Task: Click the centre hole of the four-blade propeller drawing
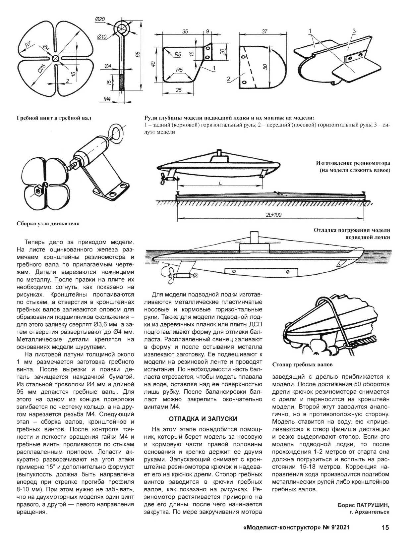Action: coord(55,58)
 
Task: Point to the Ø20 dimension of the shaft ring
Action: coord(100,20)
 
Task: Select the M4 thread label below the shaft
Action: coord(106,98)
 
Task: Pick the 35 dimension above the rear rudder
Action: coord(185,32)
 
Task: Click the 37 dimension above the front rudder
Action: coord(264,31)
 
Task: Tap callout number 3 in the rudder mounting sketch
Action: coord(354,31)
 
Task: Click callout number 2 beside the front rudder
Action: coord(228,79)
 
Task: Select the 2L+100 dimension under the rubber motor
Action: coord(273,215)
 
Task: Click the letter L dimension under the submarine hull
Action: coord(220,183)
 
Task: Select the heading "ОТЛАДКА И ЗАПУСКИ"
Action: coord(203,419)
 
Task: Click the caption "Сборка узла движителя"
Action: coord(48,224)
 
